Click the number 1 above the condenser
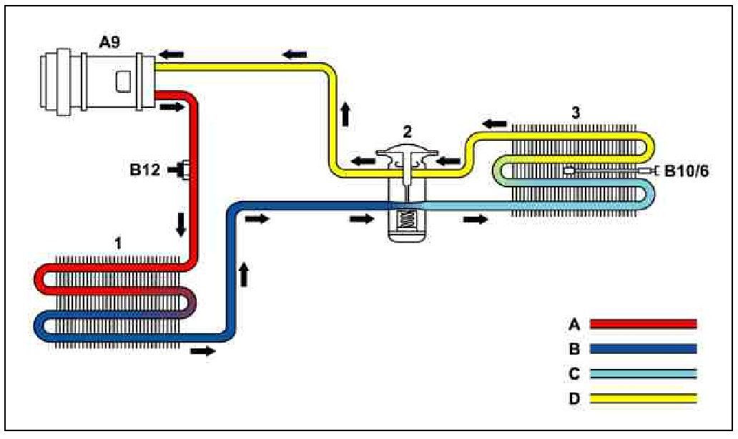pos(118,243)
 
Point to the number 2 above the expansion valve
pos(406,131)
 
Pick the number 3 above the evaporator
pos(576,112)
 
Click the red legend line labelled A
pos(643,324)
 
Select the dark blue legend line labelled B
pos(643,349)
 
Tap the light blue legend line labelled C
pos(643,374)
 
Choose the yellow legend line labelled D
pos(643,398)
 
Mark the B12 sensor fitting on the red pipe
pos(184,170)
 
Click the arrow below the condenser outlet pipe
pos(202,351)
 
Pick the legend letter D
pos(573,398)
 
